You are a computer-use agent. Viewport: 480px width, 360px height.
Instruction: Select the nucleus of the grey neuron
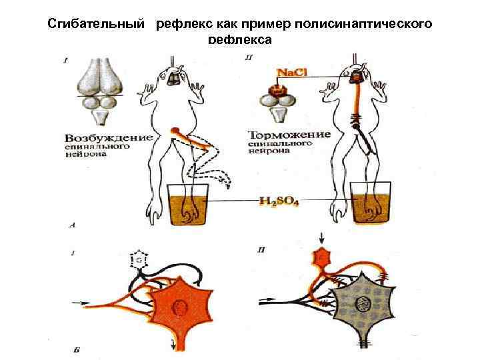(x=363, y=305)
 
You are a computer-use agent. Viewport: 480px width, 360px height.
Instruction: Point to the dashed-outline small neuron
(x=139, y=260)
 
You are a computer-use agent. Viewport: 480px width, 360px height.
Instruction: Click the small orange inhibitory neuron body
(x=324, y=256)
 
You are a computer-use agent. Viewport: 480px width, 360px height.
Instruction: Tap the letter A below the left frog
(x=73, y=227)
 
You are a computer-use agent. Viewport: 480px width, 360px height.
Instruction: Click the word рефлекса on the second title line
(x=239, y=40)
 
